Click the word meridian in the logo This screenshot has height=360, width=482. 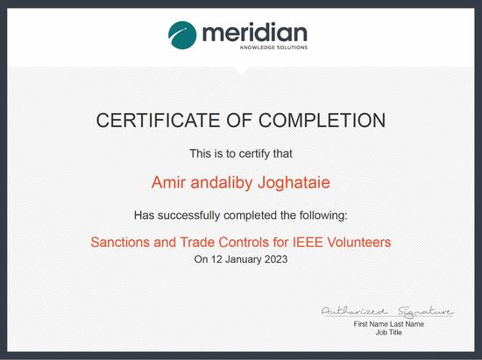(256, 33)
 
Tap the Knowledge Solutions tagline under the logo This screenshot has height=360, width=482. (274, 48)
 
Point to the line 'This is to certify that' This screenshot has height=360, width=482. (241, 153)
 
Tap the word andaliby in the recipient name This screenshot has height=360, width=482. (225, 183)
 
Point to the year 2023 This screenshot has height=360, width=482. (274, 260)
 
